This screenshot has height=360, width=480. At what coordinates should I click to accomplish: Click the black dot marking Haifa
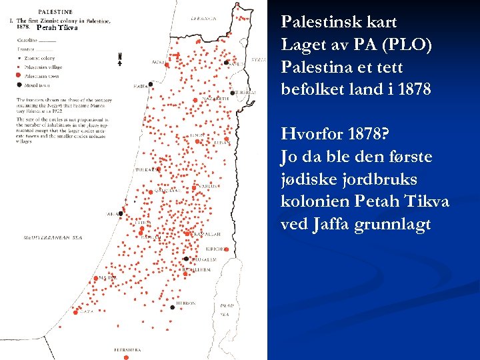pos(151,85)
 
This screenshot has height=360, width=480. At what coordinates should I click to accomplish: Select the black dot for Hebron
pos(173,307)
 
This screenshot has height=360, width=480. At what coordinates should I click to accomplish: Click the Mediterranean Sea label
pos(53,237)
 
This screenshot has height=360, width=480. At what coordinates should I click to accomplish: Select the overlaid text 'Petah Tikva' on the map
pos(57,28)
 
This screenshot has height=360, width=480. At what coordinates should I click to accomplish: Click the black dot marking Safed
pos(227,62)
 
